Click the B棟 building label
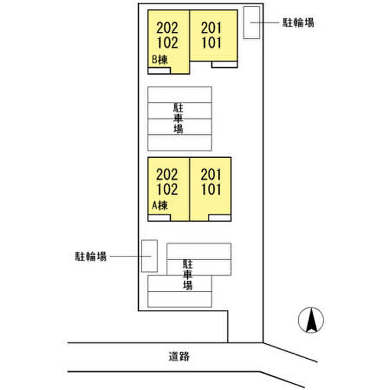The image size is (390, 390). (160, 60)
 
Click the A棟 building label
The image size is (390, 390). (160, 206)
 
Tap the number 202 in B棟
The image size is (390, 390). (167, 28)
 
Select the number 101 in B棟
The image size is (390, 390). (211, 42)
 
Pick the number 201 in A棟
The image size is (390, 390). (211, 174)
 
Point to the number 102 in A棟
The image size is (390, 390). (167, 189)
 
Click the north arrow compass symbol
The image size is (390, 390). (311, 320)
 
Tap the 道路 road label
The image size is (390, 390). (179, 357)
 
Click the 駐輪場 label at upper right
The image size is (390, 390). (298, 22)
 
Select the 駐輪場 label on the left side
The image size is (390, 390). (91, 256)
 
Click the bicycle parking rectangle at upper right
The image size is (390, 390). (251, 23)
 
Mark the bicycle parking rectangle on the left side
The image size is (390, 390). (149, 256)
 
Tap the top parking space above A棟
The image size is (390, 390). (179, 95)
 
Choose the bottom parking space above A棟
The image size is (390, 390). (179, 143)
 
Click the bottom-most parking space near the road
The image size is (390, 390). (179, 299)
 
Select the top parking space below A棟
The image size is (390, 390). (199, 251)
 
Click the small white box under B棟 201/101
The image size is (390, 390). (225, 65)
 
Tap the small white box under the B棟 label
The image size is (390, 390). (159, 71)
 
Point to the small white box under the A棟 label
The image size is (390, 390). (159, 218)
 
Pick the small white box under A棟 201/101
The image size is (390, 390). (220, 218)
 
